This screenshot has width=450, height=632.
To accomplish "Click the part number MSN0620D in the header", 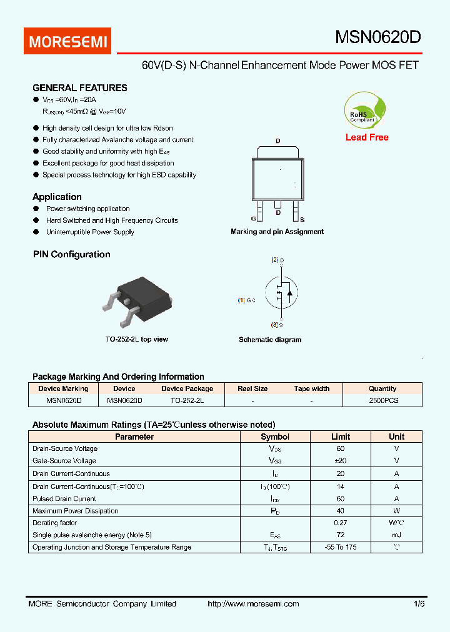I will (377, 37).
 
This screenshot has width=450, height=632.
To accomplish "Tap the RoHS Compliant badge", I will (366, 111).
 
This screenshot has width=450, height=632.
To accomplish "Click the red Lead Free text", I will (367, 137).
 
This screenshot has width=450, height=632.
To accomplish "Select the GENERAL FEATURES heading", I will (79, 88).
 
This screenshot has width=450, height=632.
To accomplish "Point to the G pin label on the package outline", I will (253, 219).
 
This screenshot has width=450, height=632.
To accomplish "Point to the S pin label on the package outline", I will (302, 219).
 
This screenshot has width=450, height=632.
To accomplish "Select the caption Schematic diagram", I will (270, 340).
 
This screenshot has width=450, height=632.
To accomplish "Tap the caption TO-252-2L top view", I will (136, 339).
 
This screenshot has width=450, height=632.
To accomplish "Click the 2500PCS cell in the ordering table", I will (383, 400).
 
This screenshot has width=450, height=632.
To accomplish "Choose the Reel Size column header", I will (252, 388).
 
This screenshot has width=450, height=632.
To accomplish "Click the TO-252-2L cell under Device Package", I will (187, 400).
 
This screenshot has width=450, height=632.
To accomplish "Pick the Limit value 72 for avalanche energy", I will (340, 535).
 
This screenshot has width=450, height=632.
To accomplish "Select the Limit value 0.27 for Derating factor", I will (340, 523).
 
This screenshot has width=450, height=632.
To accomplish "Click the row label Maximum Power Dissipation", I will (75, 511).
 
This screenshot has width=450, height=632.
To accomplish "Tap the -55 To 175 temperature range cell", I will (340, 547).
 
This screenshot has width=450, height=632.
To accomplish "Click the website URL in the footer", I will (252, 604).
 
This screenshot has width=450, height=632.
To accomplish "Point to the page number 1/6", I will (418, 604).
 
